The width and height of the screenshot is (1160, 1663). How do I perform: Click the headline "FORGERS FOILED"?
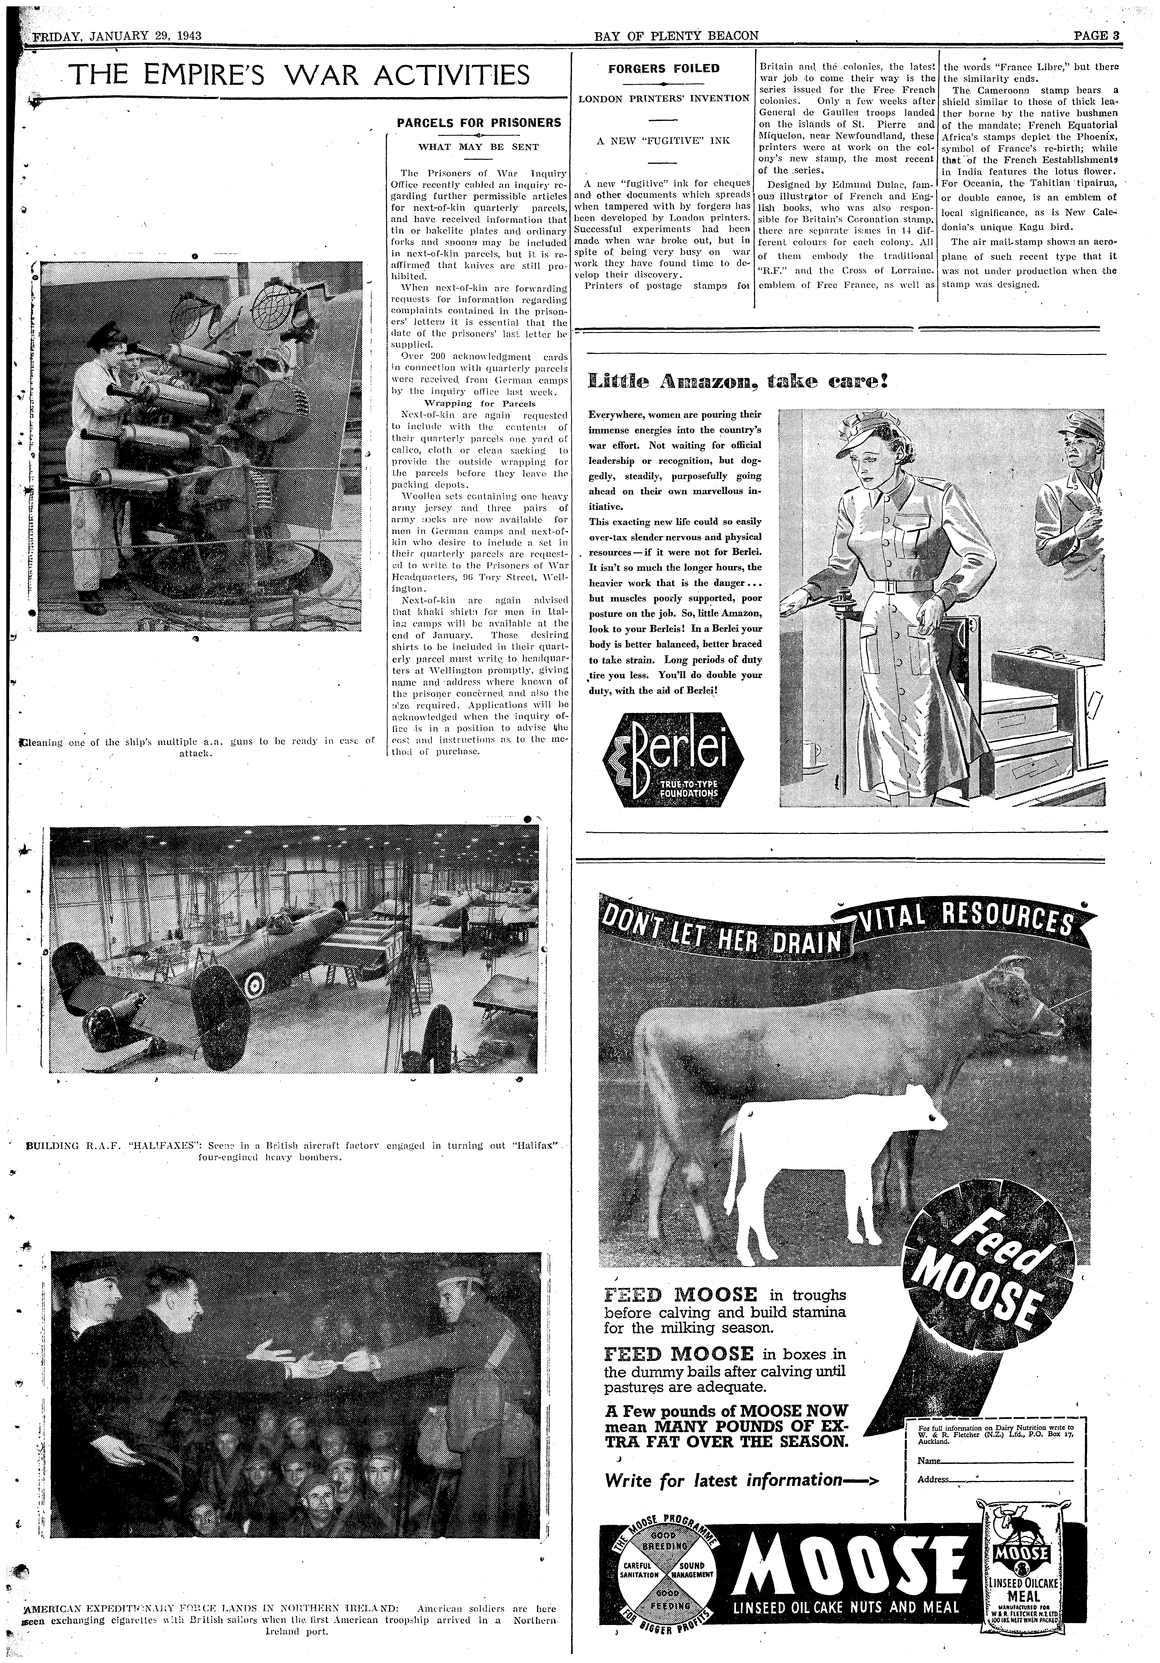point(663,69)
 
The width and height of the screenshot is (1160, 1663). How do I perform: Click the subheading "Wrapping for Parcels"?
point(479,403)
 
